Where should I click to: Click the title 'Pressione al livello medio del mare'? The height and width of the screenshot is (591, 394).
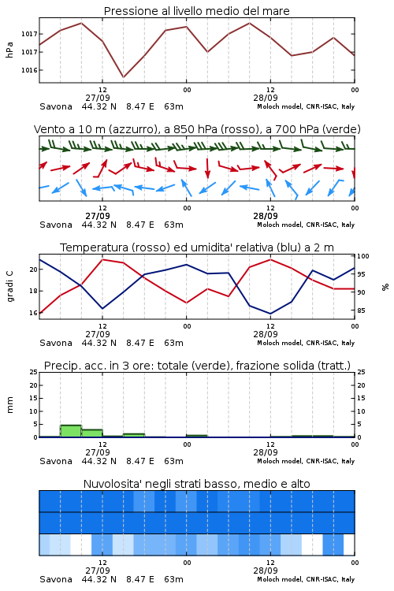pos(196,11)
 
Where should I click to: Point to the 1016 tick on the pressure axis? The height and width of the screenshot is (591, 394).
pos(29,70)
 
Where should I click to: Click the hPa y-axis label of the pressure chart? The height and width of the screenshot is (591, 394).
pos(9,50)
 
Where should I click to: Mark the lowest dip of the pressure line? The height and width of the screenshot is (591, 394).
pos(123,77)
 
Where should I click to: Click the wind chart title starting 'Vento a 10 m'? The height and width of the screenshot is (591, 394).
pos(197,129)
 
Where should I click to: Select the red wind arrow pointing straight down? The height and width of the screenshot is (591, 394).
pos(207,169)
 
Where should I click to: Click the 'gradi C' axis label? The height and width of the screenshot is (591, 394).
pos(10,287)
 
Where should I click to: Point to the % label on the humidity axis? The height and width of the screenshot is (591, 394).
pos(385,287)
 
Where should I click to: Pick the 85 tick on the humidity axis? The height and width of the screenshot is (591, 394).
pos(361,310)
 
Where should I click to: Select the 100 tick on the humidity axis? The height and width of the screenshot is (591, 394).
pos(363,256)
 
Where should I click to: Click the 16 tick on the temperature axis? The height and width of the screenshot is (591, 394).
pos(34,313)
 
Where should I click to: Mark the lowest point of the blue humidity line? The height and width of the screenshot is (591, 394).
pos(270,314)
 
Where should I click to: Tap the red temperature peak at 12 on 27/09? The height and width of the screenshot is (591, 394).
pos(102,259)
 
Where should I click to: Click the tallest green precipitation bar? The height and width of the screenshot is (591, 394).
pos(71,431)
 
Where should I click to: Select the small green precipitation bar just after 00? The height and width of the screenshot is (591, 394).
pos(197,436)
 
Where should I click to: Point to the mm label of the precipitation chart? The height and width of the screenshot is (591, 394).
pos(9,404)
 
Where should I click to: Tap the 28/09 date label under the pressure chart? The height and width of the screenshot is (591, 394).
pos(266,98)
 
